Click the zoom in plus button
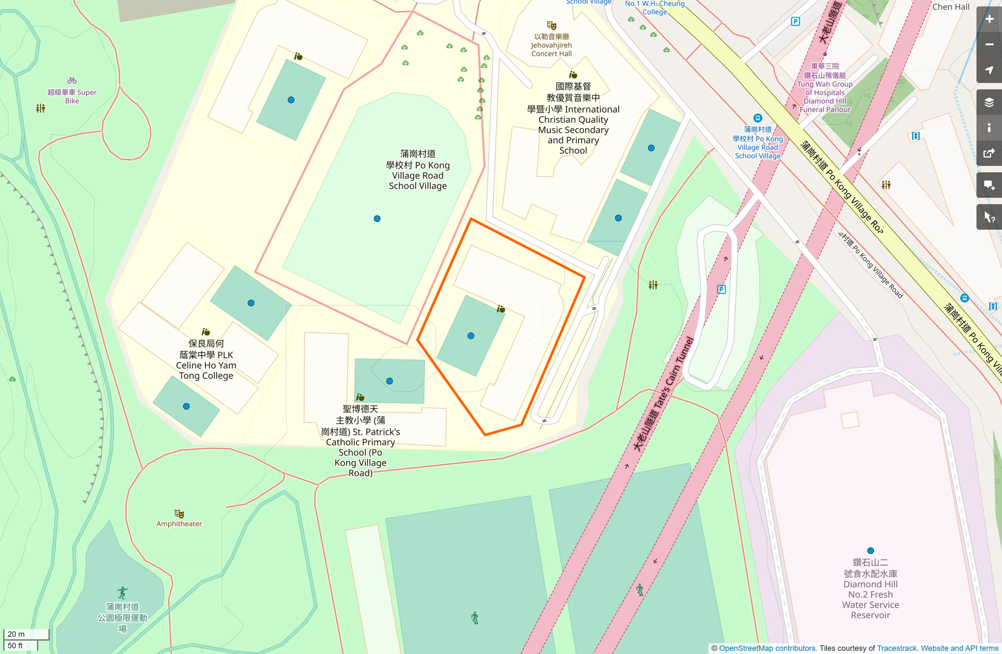click(x=989, y=19)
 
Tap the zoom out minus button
click(x=989, y=45)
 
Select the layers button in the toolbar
click(x=989, y=102)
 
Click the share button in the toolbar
click(x=989, y=154)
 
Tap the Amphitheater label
click(x=179, y=524)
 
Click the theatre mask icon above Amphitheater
click(x=179, y=514)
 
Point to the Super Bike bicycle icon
click(x=72, y=81)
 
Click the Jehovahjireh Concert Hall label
click(x=552, y=45)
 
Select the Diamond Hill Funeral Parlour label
click(x=825, y=88)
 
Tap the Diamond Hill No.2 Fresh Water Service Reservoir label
click(x=870, y=589)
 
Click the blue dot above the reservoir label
click(x=871, y=551)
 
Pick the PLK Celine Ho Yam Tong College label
click(x=206, y=360)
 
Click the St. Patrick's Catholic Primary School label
click(x=361, y=441)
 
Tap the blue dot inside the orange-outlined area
click(x=471, y=336)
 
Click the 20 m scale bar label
click(x=16, y=634)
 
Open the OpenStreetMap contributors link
click(x=767, y=648)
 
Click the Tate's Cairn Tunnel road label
click(x=664, y=395)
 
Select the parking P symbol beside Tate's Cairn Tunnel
click(x=721, y=289)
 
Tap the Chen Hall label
click(x=950, y=7)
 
